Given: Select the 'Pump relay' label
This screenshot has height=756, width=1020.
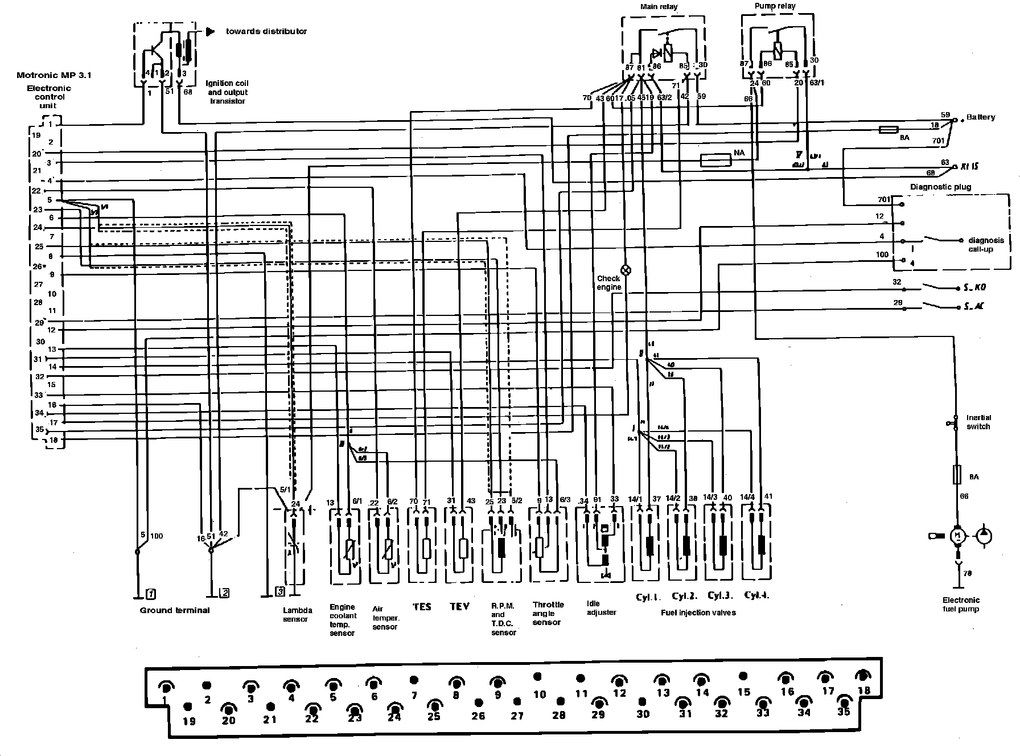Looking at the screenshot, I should [775, 6].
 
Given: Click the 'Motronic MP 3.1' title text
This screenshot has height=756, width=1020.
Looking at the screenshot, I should [46, 75].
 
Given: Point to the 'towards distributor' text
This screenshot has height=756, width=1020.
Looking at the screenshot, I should [266, 31].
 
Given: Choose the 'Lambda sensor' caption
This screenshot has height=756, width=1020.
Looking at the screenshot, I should [297, 615].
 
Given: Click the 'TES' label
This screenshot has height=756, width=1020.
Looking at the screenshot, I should [422, 607].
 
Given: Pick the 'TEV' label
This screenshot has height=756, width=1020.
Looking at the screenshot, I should [459, 607].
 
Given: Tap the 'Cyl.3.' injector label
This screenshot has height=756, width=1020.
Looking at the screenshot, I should [719, 596].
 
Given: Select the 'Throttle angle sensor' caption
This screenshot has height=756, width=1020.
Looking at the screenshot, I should [548, 613].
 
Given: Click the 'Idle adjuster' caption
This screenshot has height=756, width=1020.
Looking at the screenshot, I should [601, 608].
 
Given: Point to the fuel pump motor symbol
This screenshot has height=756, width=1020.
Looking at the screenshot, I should [957, 535].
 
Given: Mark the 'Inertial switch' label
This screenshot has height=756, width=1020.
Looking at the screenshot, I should [978, 422].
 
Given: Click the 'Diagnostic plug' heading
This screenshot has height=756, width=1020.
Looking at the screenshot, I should [940, 187].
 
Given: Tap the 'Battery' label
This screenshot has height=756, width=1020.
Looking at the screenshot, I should [981, 117].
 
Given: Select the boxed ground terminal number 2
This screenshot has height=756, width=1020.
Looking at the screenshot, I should [225, 593].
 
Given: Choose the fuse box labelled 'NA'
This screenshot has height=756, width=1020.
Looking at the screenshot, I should [715, 161].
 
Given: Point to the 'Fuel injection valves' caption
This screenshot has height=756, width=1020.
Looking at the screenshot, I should [698, 613].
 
